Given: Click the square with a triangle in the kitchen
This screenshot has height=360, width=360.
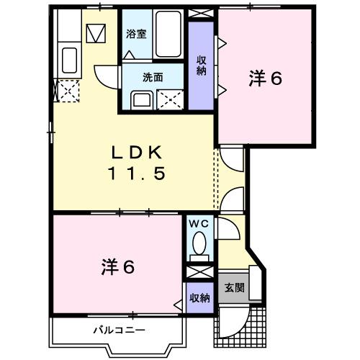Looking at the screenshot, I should (95, 32).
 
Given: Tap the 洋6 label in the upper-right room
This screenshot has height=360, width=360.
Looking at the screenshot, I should (266, 78).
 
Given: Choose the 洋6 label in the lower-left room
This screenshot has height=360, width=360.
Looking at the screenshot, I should (117, 267).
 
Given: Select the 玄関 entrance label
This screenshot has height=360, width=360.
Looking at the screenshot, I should (234, 288).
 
